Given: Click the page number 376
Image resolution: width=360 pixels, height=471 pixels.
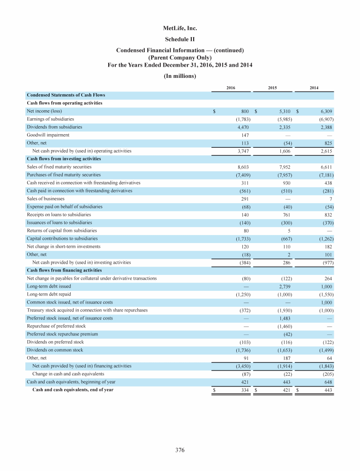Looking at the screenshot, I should click(x=180, y=450).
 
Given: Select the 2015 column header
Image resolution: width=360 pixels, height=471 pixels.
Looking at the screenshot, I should click(x=272, y=88).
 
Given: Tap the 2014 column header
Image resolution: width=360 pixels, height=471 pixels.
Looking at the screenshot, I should click(x=315, y=88).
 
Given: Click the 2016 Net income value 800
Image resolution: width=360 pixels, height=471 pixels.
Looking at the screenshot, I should click(x=245, y=111).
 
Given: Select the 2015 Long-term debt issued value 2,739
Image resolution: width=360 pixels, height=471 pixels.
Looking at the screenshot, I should click(x=285, y=286).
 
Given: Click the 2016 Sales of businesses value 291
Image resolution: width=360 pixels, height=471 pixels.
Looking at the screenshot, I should click(x=244, y=198).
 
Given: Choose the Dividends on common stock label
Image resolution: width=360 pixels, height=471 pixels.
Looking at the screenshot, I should click(x=55, y=349).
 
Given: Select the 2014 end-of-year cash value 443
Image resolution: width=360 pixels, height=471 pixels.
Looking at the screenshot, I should click(x=328, y=389).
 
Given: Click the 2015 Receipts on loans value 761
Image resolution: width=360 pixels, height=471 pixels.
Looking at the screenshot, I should click(x=286, y=214).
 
